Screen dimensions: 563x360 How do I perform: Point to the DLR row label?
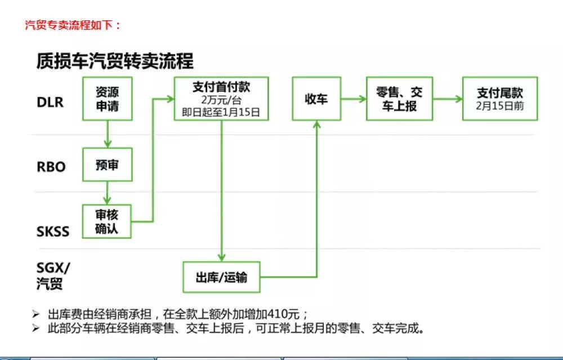(x=50, y=103)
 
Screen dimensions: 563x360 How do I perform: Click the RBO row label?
(x=51, y=167)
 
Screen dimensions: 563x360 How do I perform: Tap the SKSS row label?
(x=53, y=232)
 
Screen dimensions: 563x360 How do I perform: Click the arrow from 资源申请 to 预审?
(x=108, y=134)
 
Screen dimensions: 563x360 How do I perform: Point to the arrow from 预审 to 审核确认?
(x=107, y=193)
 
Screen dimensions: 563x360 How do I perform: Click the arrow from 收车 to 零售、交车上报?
(x=354, y=99)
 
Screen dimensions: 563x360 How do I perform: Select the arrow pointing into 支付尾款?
(x=448, y=99)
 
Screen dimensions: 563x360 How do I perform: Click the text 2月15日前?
(x=500, y=106)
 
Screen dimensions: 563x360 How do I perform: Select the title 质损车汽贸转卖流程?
(x=115, y=61)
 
